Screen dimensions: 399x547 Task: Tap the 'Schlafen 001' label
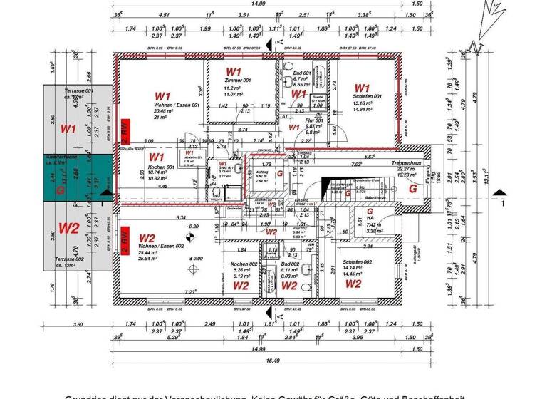pos(368,96)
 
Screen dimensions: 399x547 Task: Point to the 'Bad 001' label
pos(302,73)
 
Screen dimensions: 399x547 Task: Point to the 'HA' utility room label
pos(370,218)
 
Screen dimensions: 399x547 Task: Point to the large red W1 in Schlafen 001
pos(363,88)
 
